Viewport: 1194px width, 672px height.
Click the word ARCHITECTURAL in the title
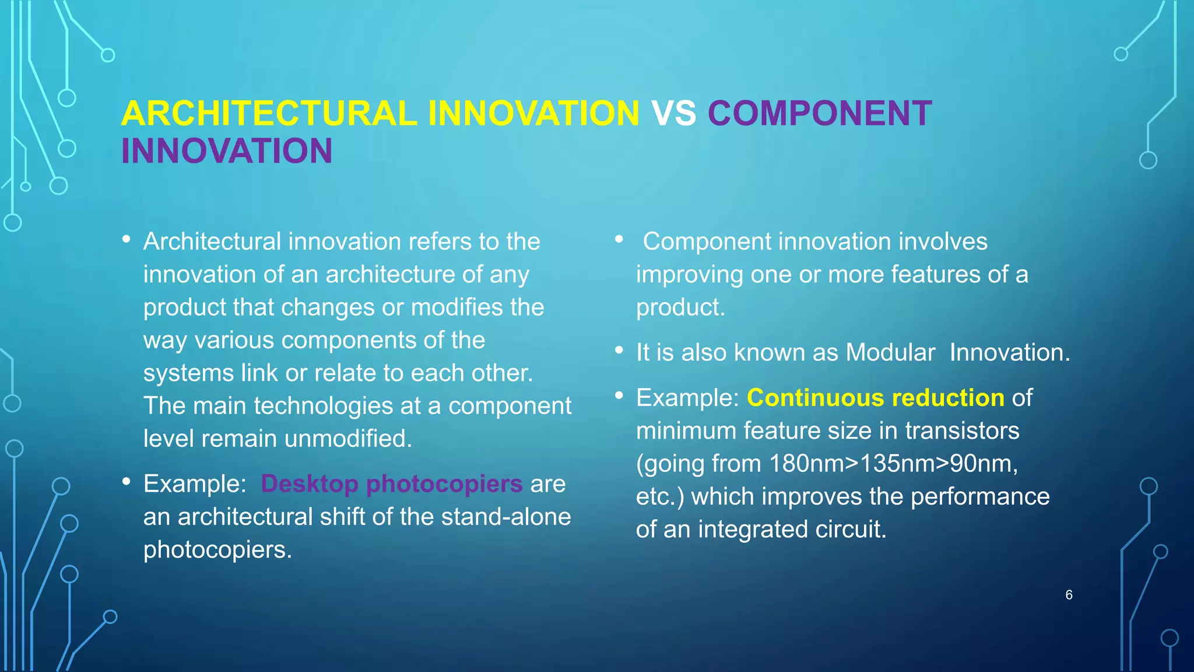tap(269, 113)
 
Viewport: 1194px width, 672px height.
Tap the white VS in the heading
tap(673, 113)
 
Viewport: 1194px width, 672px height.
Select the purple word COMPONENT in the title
tap(820, 113)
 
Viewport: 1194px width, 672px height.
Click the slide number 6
tap(1069, 595)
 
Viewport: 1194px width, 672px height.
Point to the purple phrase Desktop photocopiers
tap(391, 484)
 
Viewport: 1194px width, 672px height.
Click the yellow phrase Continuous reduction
tap(875, 398)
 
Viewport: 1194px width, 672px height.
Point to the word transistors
tap(962, 431)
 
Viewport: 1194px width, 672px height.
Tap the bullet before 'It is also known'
tap(619, 351)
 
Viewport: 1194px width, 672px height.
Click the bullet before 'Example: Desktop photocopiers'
tap(127, 482)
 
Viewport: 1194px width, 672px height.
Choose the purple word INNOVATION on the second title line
tap(227, 151)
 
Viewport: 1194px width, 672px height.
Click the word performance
tap(979, 496)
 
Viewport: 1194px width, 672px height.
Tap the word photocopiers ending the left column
tap(217, 549)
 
